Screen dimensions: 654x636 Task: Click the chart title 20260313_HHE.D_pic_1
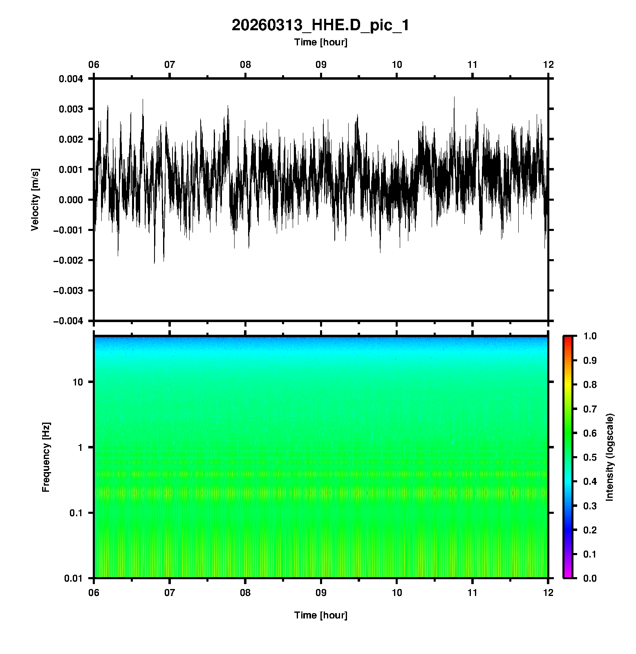(320, 25)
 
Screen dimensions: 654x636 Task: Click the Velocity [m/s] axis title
(36, 199)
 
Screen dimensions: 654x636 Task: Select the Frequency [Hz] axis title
(46, 457)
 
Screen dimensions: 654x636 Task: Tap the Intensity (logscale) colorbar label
(610, 457)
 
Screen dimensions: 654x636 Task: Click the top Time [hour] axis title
(320, 42)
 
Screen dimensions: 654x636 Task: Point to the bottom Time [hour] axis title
(320, 615)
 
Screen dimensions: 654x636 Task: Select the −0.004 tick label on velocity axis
(68, 321)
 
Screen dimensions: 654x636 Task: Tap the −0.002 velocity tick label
(68, 260)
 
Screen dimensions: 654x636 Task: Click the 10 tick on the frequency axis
(78, 382)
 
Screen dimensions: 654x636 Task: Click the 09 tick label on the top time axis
(321, 65)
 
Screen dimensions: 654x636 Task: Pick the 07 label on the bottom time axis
(170, 592)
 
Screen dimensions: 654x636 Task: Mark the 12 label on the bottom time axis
(548, 592)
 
